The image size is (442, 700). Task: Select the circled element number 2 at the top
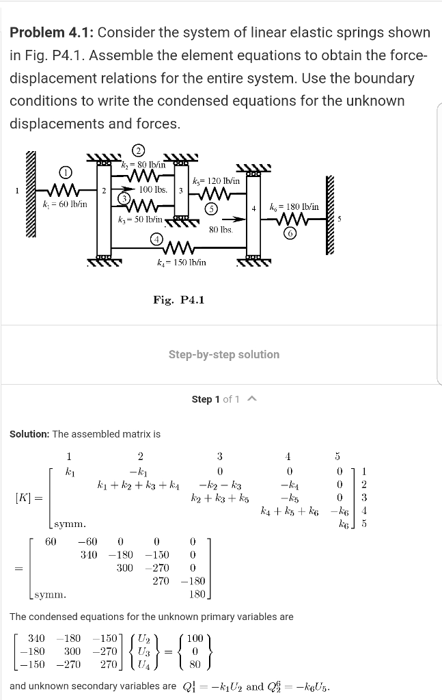[x=138, y=150]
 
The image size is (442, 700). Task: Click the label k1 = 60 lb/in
[x=64, y=204]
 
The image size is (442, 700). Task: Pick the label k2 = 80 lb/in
[x=143, y=165]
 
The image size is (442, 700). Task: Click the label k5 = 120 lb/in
[x=216, y=181]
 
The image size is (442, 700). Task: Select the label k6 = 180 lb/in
[x=294, y=206]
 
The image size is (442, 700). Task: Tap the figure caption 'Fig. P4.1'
[x=179, y=299]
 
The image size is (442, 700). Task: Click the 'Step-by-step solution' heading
[x=224, y=354]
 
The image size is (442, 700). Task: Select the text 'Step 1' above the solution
[x=206, y=399]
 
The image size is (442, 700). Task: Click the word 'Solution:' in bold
[x=29, y=434]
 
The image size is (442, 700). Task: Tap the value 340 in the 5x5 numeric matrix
[x=88, y=554]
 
